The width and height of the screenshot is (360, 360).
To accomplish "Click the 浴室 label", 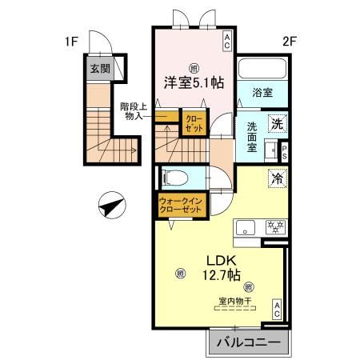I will pyautogui.click(x=262, y=92).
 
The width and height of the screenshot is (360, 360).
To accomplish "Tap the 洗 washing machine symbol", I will pyautogui.click(x=276, y=123).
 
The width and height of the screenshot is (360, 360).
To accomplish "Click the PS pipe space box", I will pyautogui.click(x=283, y=151).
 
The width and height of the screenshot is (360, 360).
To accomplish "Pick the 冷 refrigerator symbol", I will pyautogui.click(x=276, y=182).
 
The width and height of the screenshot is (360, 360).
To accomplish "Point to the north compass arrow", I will pyautogui.click(x=110, y=206).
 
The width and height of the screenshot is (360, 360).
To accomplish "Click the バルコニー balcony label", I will pyautogui.click(x=247, y=342).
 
